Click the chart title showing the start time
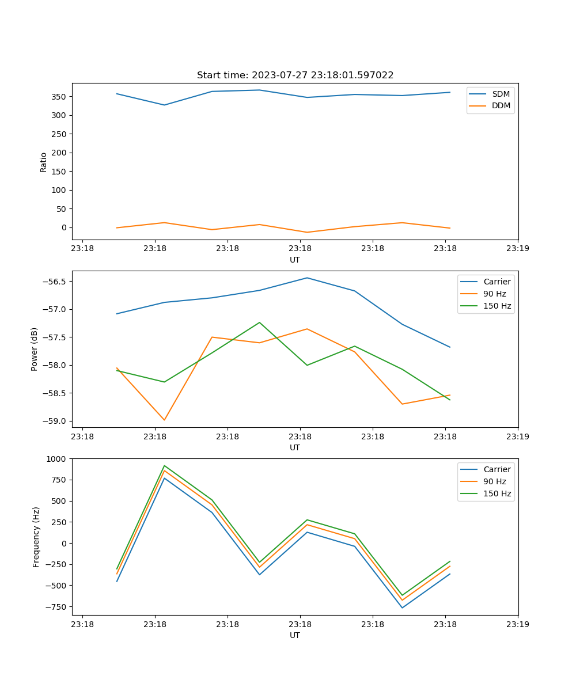pyautogui.click(x=295, y=75)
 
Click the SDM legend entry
pyautogui.click(x=501, y=94)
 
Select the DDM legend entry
pyautogui.click(x=501, y=105)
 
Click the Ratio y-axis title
pyautogui.click(x=44, y=162)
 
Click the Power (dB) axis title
pyautogui.click(x=35, y=349)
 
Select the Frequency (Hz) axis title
pyautogui.click(x=36, y=537)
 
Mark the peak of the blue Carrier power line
pyautogui.click(x=307, y=278)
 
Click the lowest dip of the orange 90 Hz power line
pyautogui.click(x=164, y=420)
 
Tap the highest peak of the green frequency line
pyautogui.click(x=164, y=465)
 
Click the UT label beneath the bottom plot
pyautogui.click(x=295, y=635)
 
